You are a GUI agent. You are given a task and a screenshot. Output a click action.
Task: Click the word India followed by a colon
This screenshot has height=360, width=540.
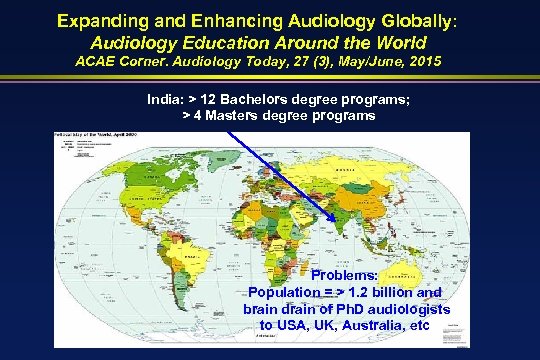coord(165,100)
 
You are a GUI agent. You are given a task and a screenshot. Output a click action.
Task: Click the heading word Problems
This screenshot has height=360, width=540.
coord(344,275)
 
